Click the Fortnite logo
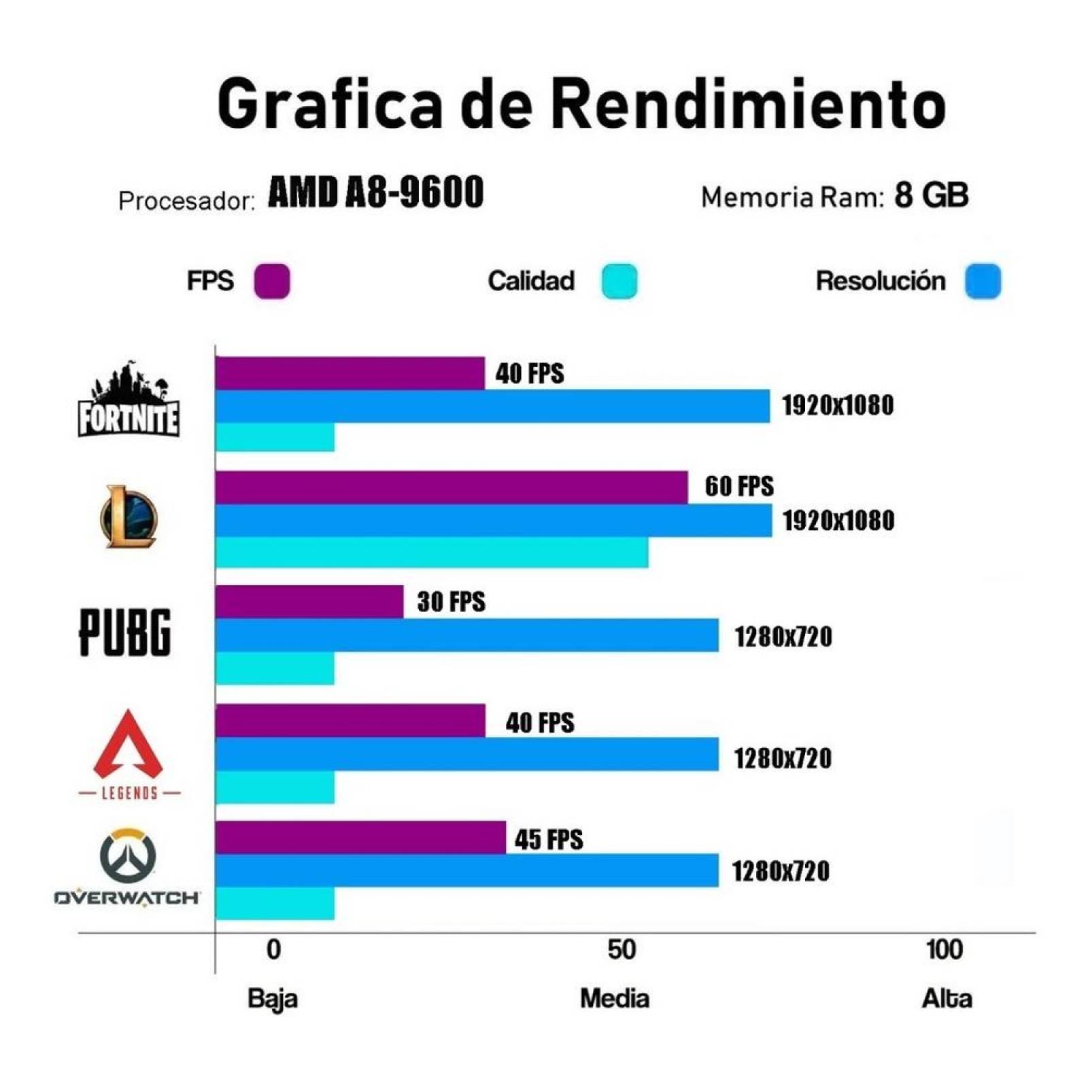tap(128, 401)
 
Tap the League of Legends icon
tap(129, 517)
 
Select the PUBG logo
tap(125, 632)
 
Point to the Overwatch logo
tap(127, 867)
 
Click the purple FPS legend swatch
tap(272, 281)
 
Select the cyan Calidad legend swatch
tap(619, 281)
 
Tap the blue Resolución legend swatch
tap(983, 281)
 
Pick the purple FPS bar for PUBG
tap(309, 602)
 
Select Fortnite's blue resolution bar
tap(492, 406)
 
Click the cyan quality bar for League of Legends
tap(432, 552)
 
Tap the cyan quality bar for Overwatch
tap(275, 904)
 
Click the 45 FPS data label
tap(549, 839)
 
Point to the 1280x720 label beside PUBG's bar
tap(783, 636)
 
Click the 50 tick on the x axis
tap(622, 950)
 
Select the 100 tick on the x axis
tap(945, 950)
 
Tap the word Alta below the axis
tap(947, 998)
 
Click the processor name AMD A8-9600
tap(375, 192)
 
